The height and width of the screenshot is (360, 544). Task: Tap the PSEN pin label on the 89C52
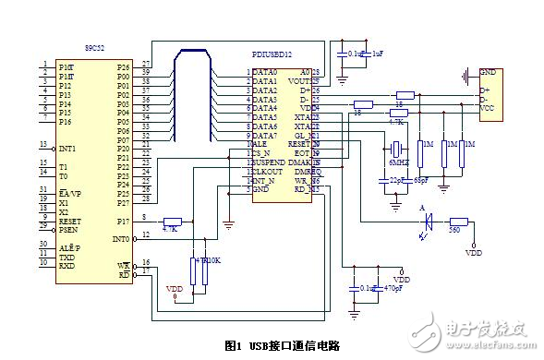click(70, 230)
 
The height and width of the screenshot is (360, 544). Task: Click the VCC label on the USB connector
click(488, 109)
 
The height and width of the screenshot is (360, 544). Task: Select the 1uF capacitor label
click(378, 54)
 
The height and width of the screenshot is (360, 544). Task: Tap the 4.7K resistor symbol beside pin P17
click(172, 222)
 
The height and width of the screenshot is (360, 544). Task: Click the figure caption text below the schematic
click(283, 345)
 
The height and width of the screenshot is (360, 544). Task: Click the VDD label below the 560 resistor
click(474, 252)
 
